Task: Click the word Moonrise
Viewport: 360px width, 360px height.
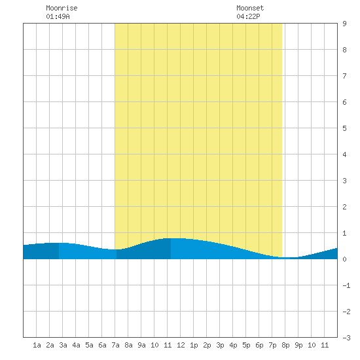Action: coord(62,8)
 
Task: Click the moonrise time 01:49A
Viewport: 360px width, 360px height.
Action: coord(58,16)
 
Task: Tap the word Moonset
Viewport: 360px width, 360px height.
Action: coord(250,8)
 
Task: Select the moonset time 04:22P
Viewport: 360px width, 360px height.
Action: coord(248,16)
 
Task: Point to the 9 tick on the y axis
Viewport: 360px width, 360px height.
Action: coord(344,24)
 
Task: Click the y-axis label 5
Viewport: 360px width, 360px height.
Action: coord(344,128)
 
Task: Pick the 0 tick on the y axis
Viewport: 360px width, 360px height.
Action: coord(344,259)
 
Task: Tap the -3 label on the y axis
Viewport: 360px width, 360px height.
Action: coord(346,338)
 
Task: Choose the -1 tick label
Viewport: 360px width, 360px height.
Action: coord(346,285)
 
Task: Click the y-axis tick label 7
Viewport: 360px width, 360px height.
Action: coord(344,76)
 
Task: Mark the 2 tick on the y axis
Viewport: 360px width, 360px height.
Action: coord(344,207)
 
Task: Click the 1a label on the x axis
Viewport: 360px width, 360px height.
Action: coord(37,345)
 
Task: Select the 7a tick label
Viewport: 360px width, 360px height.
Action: coord(115,345)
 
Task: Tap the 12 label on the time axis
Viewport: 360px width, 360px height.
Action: coord(181,345)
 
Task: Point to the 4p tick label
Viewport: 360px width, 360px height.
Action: coord(233,345)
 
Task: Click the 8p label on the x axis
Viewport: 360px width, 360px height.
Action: coord(285,345)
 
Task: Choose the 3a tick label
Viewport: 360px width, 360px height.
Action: coord(63,345)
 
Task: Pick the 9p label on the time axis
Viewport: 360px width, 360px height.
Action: coord(298,345)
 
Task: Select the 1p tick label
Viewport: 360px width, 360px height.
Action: coord(194,345)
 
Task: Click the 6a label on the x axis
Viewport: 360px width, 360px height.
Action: coord(102,345)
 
